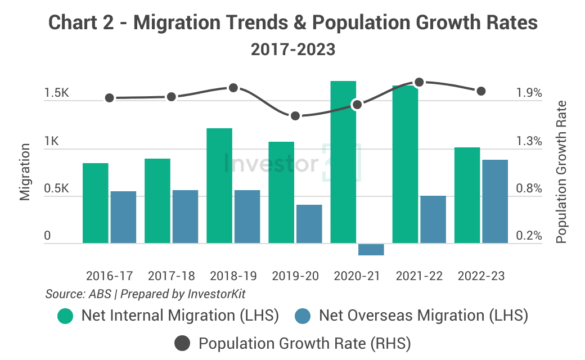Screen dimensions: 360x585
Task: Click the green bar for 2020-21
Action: point(343,163)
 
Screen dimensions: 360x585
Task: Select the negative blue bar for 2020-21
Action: point(371,249)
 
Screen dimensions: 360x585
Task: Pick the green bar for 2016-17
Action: point(96,204)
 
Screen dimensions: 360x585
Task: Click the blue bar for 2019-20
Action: point(309,224)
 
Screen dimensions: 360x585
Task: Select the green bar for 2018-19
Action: point(219,186)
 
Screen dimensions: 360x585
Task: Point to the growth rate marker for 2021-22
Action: point(418,83)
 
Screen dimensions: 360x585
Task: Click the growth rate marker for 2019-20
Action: point(295,116)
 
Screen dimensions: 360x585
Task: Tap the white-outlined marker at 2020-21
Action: point(357,104)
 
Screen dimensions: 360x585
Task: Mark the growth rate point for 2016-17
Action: point(110,98)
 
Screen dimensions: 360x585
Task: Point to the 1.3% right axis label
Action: point(529,141)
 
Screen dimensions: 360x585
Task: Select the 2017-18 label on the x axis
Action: point(172,276)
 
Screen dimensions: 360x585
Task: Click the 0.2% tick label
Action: point(529,236)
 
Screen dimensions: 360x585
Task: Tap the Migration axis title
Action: point(25,172)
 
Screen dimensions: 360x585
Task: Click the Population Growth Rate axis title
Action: point(561,172)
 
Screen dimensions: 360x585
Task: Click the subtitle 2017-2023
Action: point(292,49)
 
